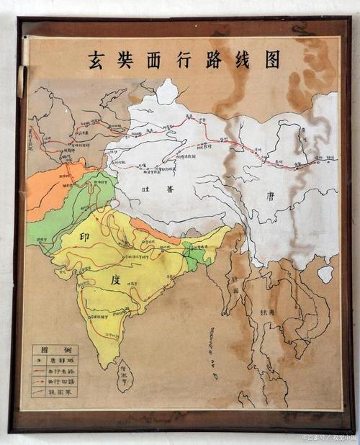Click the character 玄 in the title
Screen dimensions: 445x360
[96, 60]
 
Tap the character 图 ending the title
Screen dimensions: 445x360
[272, 60]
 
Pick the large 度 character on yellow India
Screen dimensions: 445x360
[115, 279]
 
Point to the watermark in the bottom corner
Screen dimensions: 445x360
[328, 437]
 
